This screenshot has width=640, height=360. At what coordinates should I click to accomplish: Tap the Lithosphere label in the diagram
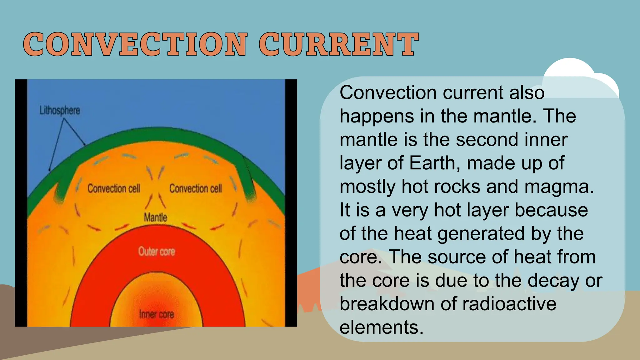[x=60, y=110]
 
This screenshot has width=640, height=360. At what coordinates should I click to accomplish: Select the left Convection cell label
[x=114, y=188]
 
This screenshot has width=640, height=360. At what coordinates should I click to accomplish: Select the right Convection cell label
[x=196, y=188]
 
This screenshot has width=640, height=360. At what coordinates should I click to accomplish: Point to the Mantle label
[x=155, y=217]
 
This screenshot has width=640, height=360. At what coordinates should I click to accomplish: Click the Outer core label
[x=157, y=252]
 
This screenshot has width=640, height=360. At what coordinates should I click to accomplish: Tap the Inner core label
[x=156, y=314]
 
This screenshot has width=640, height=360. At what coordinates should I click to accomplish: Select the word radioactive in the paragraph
[x=509, y=304]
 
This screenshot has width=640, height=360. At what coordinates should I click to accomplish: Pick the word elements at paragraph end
[x=381, y=327]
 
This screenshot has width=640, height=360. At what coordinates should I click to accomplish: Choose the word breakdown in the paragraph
[x=387, y=304]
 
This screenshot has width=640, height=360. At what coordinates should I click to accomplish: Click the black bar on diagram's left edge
[x=21, y=203]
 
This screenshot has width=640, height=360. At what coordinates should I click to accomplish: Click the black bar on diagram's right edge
[x=291, y=203]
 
